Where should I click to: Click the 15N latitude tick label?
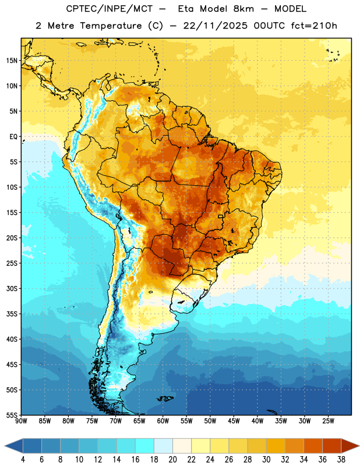(12, 61)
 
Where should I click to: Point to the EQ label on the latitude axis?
(13, 137)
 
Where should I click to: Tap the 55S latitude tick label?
(12, 415)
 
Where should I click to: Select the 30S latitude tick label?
(12, 288)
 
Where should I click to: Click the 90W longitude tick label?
(21, 421)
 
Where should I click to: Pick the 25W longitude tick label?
(328, 421)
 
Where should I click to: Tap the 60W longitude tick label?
(163, 421)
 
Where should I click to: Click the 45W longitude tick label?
(234, 421)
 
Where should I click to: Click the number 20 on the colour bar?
(172, 460)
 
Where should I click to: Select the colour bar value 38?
(341, 460)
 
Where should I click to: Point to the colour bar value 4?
(23, 460)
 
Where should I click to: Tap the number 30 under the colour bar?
(266, 460)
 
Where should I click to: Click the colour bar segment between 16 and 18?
(145, 446)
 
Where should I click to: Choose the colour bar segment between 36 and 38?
(332, 446)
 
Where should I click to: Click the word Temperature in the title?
(111, 26)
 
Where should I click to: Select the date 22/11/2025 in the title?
(215, 26)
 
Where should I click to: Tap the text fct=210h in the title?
(314, 26)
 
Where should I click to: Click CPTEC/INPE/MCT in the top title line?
(109, 9)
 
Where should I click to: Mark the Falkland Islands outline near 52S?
(165, 398)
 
